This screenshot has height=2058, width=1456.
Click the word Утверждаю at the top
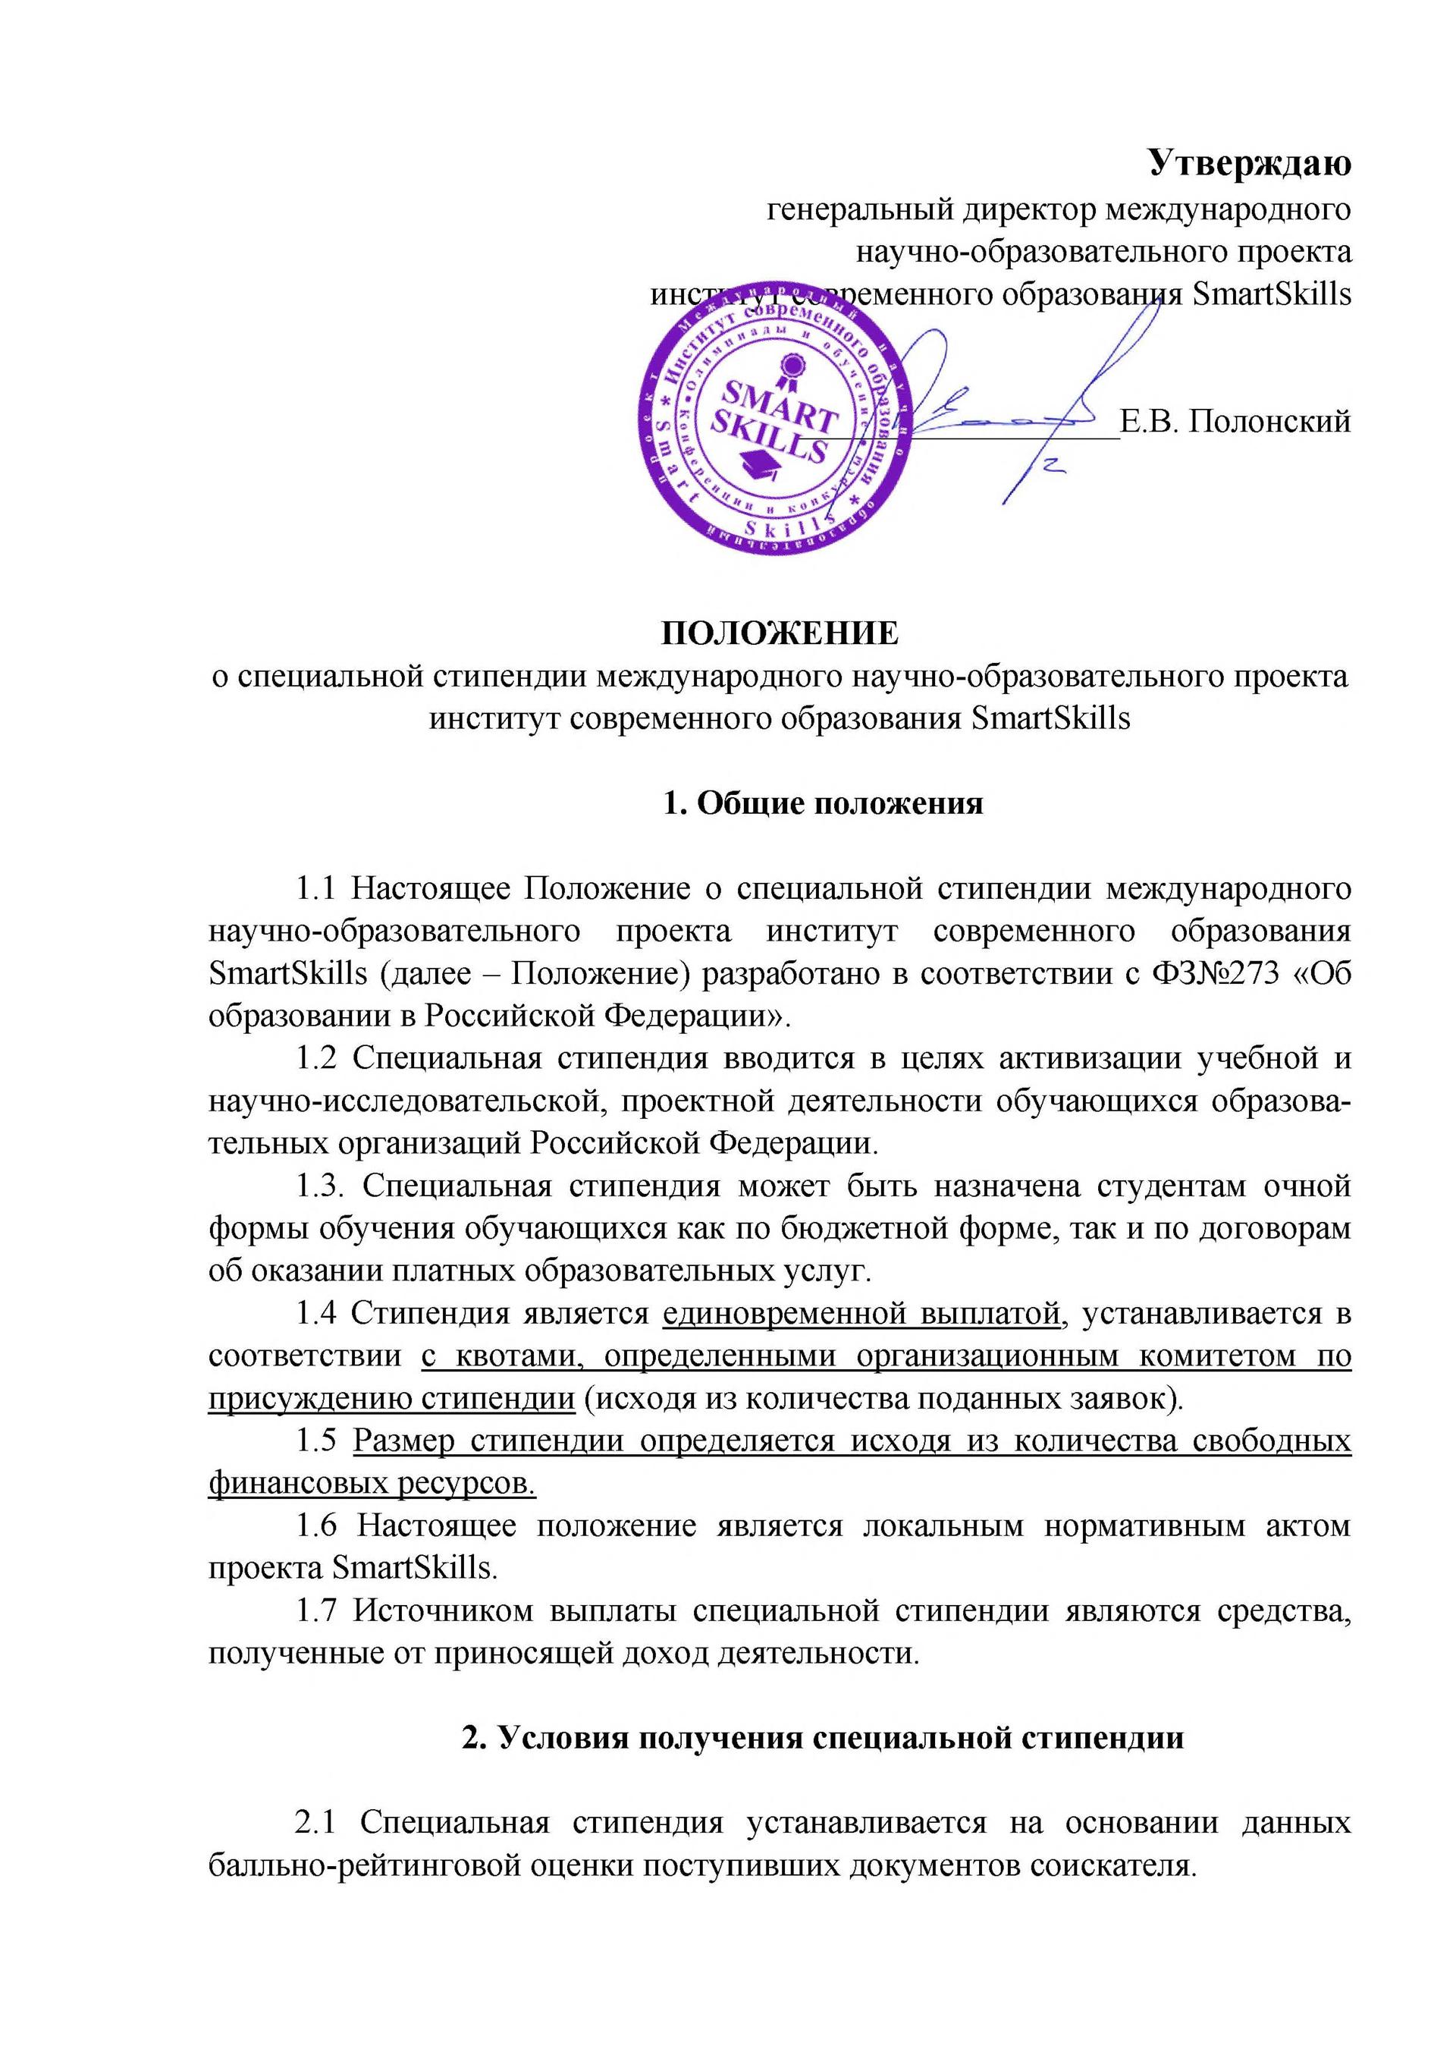coord(1250,164)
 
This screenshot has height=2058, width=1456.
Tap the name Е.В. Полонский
coord(1235,420)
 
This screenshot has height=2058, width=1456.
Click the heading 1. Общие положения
coord(823,803)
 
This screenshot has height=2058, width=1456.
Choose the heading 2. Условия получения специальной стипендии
coord(822,1737)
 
